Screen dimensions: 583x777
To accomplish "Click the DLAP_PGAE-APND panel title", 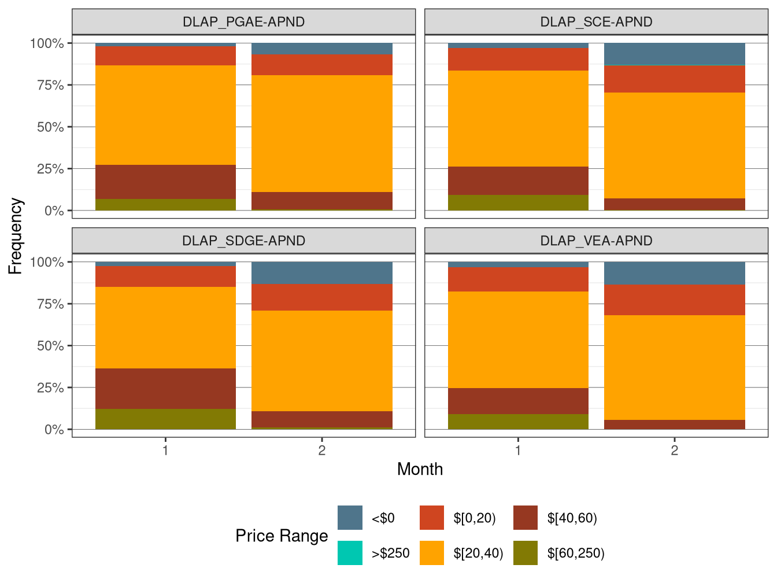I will [243, 22].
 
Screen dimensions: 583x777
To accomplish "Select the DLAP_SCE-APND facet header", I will [596, 22].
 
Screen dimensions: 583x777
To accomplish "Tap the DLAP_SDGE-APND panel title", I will [243, 241].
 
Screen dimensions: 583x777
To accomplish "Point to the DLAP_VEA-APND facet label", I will [596, 241].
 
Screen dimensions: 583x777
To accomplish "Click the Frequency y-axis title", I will [16, 236].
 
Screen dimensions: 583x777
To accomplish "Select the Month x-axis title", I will [420, 469].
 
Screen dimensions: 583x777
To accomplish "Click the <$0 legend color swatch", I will [350, 518].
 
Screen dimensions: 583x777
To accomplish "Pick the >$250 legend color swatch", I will [350, 553].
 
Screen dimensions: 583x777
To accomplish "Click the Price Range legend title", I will [282, 536].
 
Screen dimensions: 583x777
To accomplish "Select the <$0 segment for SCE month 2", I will [674, 54].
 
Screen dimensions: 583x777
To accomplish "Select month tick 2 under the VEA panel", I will [674, 450].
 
